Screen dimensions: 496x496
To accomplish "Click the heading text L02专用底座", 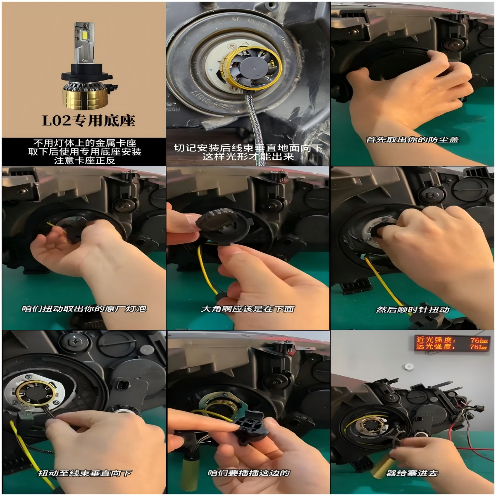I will click(x=88, y=120).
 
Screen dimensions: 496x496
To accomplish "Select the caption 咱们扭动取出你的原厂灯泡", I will click(x=84, y=309).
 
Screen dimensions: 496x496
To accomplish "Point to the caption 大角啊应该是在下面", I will click(x=248, y=309).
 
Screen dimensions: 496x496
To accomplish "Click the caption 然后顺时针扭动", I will click(x=413, y=310).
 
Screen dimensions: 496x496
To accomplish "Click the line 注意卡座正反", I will click(x=84, y=160).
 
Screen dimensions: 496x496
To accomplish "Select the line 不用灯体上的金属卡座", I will click(x=84, y=143).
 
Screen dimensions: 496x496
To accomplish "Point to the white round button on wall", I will click(x=409, y=367).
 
